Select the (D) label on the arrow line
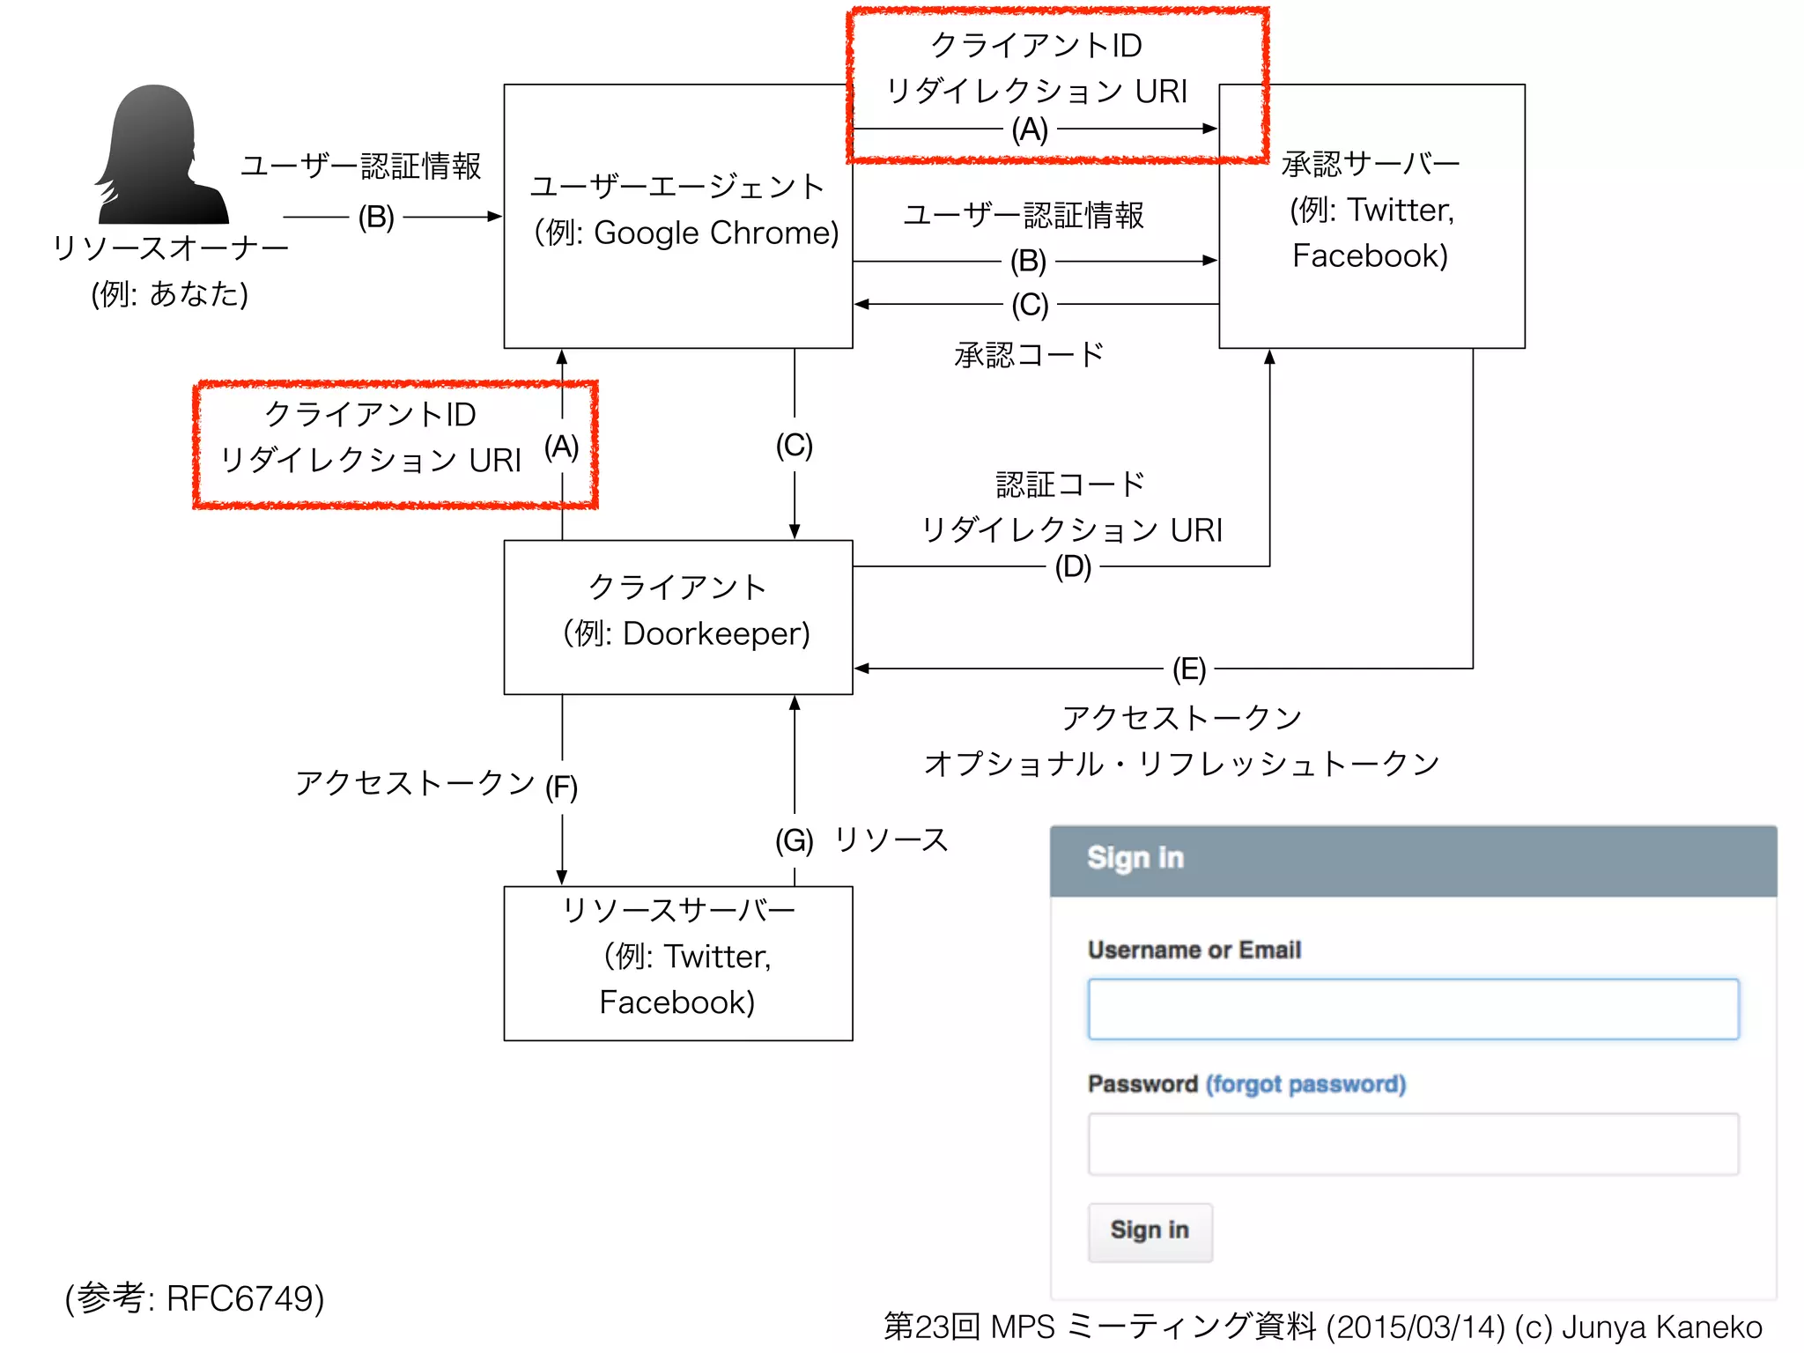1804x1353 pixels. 1073,566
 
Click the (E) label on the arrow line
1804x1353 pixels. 1188,669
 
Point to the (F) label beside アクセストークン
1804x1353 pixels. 561,787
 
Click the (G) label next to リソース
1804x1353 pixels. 794,840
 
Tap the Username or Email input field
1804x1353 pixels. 1412,1009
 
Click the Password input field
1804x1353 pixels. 1412,1144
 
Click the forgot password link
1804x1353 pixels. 1305,1084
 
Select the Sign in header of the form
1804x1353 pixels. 1135,858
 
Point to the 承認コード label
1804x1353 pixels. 1029,355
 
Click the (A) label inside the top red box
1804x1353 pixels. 1030,129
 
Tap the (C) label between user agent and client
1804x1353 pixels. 794,445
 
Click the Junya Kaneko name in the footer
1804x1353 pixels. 1661,1327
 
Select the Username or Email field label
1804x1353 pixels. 1194,950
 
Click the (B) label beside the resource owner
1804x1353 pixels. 376,217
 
